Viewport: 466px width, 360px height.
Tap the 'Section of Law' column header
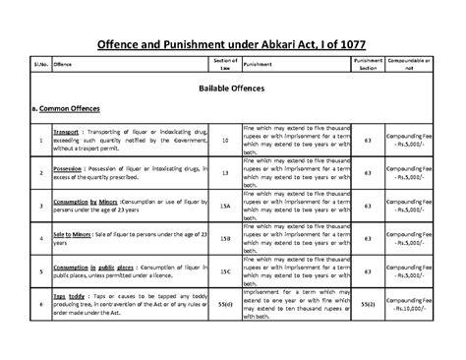click(225, 64)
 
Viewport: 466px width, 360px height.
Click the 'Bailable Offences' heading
click(233, 89)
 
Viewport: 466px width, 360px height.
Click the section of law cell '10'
click(225, 142)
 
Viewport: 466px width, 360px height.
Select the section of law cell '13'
click(225, 173)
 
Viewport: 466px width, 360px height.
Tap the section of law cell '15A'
click(225, 207)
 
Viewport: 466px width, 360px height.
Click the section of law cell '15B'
click(225, 239)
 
